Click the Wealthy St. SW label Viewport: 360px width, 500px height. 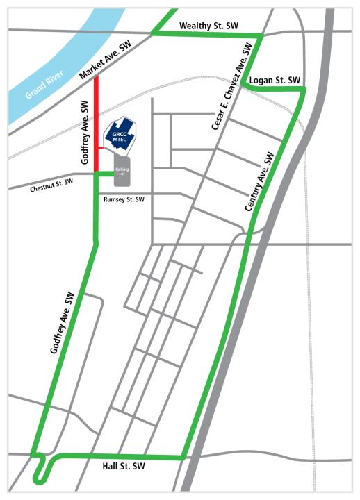[208, 26]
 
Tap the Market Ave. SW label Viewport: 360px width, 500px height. [106, 59]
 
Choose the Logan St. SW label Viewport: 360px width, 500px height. [275, 80]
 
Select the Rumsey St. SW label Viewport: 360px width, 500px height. [124, 199]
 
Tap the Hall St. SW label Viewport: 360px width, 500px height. [122, 465]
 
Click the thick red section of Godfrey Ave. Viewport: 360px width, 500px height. [96, 111]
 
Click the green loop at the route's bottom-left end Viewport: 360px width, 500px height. [40, 472]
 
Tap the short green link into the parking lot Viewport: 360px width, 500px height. [104, 172]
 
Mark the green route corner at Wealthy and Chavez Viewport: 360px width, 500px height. [261, 35]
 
